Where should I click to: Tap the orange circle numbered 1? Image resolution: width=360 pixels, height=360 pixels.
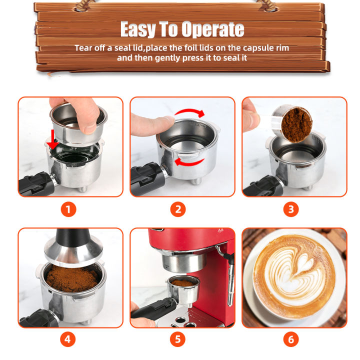(68, 209)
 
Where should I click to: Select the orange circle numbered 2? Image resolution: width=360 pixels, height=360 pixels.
(178, 209)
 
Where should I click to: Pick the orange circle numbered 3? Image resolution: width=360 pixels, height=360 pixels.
(291, 209)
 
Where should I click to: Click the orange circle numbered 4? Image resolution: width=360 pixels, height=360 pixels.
(68, 340)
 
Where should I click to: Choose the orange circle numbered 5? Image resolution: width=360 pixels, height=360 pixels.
(178, 340)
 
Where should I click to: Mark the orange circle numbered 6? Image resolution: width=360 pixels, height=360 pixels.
(291, 340)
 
